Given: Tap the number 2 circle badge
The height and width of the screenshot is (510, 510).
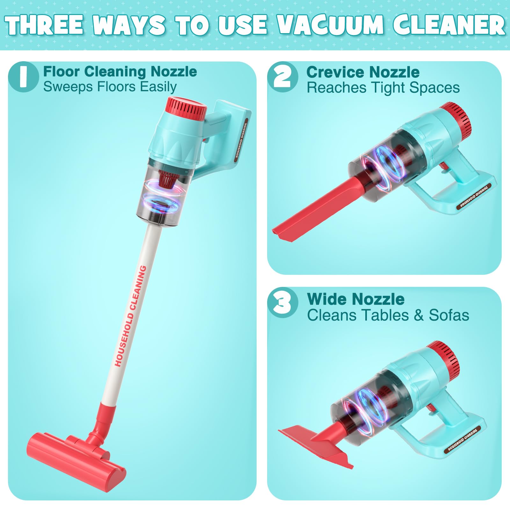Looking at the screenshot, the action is click(x=283, y=77).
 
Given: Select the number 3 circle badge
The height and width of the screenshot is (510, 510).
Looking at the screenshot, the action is click(x=283, y=303).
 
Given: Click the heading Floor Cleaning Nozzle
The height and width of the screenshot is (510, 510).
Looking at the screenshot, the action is click(x=120, y=71).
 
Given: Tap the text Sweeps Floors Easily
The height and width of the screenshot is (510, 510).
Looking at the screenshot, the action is click(x=110, y=87).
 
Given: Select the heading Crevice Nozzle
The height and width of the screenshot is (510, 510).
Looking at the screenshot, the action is click(x=363, y=72).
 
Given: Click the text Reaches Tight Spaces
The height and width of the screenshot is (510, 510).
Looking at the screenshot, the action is click(x=383, y=88).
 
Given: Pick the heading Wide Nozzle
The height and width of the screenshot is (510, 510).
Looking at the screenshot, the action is click(x=356, y=299).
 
